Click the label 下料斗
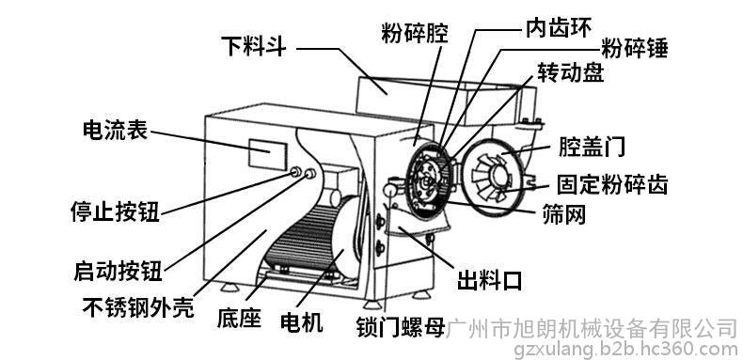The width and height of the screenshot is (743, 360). (256, 46)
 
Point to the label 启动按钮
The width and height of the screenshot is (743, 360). (119, 271)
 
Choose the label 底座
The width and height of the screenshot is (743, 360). (239, 318)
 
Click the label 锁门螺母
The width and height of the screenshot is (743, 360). (402, 327)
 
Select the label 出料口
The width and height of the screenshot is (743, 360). (489, 280)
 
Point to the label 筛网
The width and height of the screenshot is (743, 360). (564, 214)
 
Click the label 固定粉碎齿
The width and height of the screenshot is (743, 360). (612, 184)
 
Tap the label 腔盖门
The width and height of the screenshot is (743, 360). (592, 147)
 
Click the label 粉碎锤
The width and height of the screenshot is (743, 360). (635, 48)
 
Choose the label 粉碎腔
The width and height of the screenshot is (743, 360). (415, 34)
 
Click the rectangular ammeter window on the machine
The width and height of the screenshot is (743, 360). (268, 154)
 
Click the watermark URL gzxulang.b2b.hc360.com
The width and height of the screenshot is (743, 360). (626, 350)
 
